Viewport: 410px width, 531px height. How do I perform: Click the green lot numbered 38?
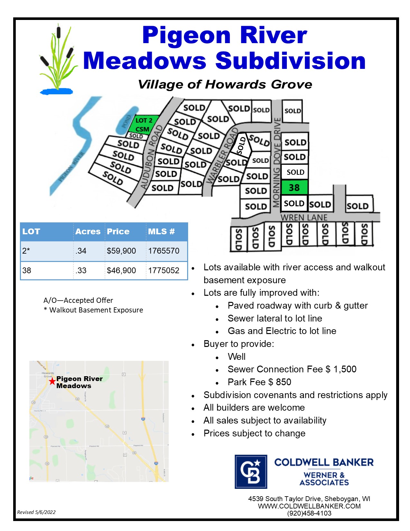point(294,188)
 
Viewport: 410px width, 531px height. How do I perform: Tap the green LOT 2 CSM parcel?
point(143,125)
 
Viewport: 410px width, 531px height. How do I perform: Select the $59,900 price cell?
point(121,251)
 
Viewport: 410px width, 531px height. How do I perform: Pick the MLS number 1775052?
point(164,271)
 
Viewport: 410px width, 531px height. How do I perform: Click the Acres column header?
point(88,232)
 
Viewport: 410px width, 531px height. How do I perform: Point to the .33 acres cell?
point(81,271)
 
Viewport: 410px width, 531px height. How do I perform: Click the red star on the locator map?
point(52,381)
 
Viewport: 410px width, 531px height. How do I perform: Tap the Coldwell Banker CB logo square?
point(251,471)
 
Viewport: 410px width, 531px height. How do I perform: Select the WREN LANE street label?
point(304,218)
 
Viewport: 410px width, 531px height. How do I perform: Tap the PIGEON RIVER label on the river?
point(71,167)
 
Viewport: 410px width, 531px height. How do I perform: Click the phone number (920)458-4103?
point(309,513)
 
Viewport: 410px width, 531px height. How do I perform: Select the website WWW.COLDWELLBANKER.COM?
point(309,506)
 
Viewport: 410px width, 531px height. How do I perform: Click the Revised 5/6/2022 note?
point(36,512)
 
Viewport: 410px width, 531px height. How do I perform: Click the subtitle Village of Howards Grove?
point(225,85)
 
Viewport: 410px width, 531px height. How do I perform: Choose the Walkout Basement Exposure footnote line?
point(94,310)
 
